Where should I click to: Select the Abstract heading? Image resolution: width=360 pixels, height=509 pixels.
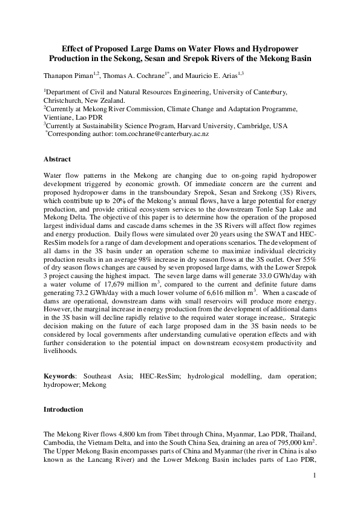click(x=57, y=160)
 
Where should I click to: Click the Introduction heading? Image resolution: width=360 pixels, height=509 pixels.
click(x=63, y=409)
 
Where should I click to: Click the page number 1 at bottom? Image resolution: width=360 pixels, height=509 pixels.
click(x=315, y=476)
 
